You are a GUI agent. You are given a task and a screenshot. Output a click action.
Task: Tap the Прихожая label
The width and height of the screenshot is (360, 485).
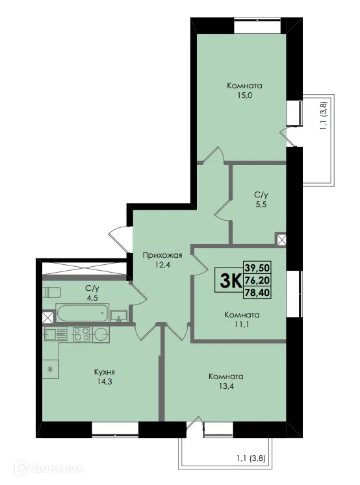click(x=162, y=255)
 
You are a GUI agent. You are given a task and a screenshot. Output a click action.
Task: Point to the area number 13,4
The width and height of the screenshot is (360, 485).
click(x=225, y=388)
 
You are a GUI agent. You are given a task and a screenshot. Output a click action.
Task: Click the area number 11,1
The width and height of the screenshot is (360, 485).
click(x=242, y=326)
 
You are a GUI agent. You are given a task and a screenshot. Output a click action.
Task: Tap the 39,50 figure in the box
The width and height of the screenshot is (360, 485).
click(x=258, y=267)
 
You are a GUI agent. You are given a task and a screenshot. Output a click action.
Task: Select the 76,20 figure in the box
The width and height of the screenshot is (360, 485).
click(x=258, y=280)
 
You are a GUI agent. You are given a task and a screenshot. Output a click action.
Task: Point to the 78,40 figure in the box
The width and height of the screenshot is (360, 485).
click(x=258, y=293)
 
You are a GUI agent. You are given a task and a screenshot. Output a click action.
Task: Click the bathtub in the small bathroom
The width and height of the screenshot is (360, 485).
click(x=81, y=313)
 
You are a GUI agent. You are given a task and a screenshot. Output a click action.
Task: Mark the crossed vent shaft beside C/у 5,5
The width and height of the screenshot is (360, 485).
click(x=281, y=240)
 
